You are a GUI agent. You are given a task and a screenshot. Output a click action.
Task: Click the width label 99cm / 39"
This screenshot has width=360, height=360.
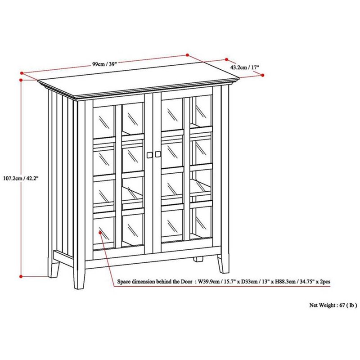(x=105, y=64)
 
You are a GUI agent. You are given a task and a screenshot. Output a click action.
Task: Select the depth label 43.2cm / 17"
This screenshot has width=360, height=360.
(x=244, y=67)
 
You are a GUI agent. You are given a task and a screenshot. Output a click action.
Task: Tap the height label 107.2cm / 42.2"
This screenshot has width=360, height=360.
(x=20, y=178)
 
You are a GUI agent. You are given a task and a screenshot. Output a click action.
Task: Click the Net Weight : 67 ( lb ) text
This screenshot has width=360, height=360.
(x=333, y=305)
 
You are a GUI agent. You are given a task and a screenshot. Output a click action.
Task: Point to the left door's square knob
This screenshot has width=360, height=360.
(x=150, y=155)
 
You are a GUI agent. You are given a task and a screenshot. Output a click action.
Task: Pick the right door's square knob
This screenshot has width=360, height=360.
(x=158, y=154)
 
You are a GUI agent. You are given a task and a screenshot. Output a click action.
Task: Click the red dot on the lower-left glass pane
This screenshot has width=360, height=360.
(x=100, y=233)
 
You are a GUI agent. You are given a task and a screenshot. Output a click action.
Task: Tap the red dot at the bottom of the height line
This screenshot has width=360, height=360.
(x=21, y=276)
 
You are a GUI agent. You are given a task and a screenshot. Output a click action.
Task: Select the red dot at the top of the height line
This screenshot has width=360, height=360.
(x=21, y=80)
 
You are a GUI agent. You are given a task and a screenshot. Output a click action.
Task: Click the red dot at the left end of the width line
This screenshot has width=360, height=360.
(x=22, y=73)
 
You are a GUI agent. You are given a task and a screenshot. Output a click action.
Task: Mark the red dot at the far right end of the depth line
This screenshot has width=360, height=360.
(x=263, y=75)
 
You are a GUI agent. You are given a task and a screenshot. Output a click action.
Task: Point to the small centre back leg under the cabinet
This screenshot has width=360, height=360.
(x=198, y=259)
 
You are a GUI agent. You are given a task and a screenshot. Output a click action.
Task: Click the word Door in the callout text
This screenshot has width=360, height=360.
(x=186, y=282)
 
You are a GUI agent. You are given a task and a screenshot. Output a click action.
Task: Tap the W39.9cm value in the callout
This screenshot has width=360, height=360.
(x=208, y=282)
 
